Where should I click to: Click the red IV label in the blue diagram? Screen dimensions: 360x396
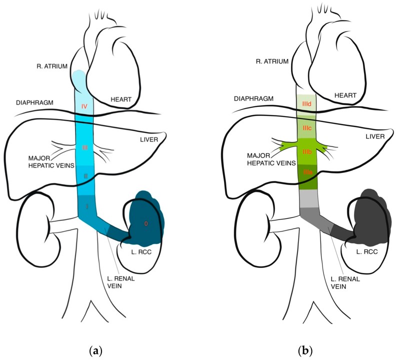tap(84, 106)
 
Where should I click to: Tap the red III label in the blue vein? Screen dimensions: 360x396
tap(84, 148)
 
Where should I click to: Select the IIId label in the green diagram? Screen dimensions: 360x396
tap(306, 103)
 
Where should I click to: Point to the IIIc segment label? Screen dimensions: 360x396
tap(306, 129)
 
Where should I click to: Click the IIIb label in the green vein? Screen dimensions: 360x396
tap(306, 151)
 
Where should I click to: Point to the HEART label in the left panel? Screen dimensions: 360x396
tap(120, 99)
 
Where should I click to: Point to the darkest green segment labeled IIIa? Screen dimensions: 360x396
tap(306, 173)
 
